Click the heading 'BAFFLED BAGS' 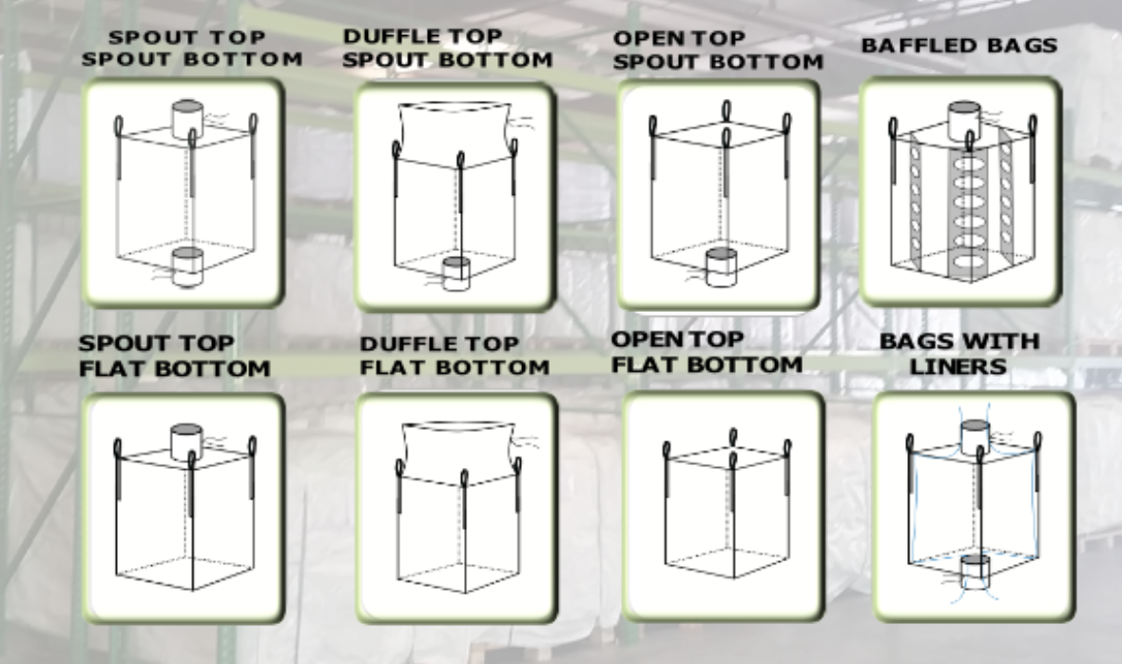pos(958,46)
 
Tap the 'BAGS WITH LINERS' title pos(958,353)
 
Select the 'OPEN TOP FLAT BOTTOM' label pos(706,352)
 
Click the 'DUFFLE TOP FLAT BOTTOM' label pos(455,355)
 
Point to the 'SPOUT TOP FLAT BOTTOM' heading pos(174,355)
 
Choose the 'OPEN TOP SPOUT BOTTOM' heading pos(718,50)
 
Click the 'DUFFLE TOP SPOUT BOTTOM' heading pos(447,48)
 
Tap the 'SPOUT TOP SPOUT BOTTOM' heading pos(191,48)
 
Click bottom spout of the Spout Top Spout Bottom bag pos(187,266)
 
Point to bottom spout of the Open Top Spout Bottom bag pos(721,266)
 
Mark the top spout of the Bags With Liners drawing pos(976,437)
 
